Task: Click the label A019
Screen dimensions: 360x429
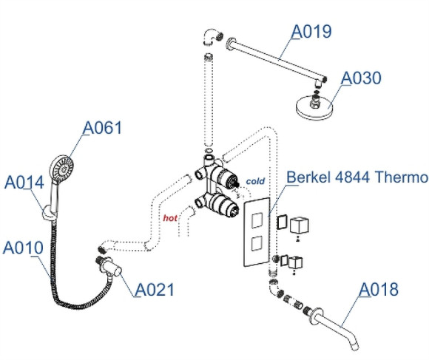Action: pos(311,31)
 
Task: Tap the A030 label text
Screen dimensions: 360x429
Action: pos(362,78)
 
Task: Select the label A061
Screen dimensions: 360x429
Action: pos(101,128)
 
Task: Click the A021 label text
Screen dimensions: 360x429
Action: pos(154,289)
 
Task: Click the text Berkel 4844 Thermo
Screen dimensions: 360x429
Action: pos(357,177)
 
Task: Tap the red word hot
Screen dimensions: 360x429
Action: pos(170,218)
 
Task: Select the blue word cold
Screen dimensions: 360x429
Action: pos(255,180)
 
